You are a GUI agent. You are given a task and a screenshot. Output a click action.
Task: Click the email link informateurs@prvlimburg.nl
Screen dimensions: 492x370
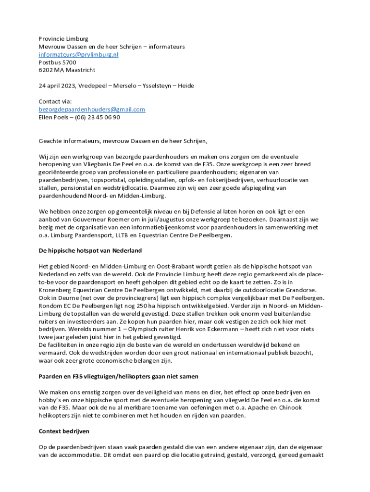[78, 55]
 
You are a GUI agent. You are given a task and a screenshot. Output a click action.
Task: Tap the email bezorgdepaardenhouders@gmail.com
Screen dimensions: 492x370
[92, 110]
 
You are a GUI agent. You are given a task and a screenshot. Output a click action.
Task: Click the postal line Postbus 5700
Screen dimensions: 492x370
[57, 62]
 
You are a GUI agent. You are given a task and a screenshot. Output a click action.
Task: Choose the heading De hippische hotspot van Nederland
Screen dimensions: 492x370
[90, 251]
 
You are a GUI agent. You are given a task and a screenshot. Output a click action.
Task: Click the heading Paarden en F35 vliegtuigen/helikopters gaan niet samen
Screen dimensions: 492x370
[118, 376]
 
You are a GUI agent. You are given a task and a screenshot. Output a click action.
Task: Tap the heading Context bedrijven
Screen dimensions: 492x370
[64, 431]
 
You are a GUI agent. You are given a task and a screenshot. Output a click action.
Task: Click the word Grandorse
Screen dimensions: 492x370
[299, 290]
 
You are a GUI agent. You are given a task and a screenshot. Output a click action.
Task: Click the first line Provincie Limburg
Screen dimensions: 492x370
[63, 39]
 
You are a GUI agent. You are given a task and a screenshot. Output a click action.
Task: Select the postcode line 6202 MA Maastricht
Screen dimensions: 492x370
[67, 70]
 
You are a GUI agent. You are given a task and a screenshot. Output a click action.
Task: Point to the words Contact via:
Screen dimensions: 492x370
[55, 102]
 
